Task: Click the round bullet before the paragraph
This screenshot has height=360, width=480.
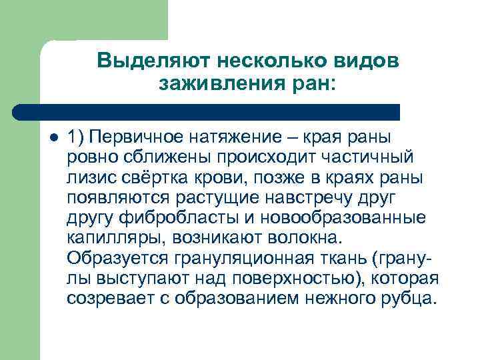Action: coord(54,138)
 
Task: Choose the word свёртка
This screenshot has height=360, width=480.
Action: coord(149,177)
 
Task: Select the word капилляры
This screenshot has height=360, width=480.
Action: coord(109,237)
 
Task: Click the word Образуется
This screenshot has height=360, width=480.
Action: coord(114,257)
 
